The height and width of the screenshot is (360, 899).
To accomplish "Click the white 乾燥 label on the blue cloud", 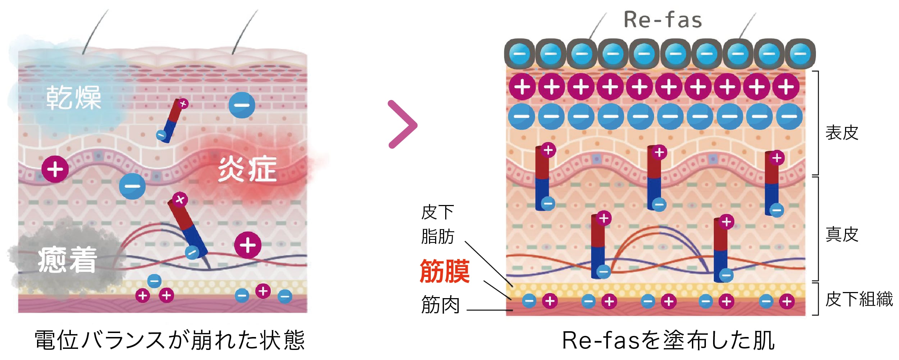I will [x=74, y=97].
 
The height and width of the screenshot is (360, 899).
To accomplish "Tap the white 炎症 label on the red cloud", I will [x=247, y=169].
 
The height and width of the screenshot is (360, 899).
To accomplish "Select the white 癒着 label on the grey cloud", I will [x=68, y=260].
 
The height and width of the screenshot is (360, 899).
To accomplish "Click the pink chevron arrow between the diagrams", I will [x=403, y=124].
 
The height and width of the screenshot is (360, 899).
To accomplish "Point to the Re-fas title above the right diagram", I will [x=663, y=20].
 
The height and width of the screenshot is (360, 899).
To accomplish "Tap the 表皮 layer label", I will [x=842, y=133].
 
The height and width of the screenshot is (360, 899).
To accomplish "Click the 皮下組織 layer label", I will [x=859, y=299].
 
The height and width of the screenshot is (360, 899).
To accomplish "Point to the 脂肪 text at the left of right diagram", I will [x=438, y=237].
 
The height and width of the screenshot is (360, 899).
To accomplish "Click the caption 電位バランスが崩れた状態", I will [x=170, y=340].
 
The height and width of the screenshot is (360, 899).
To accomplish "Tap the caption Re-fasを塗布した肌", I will [x=668, y=340].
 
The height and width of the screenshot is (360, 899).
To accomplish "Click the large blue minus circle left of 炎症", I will [x=242, y=105].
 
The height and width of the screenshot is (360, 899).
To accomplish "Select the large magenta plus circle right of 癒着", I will [x=248, y=245].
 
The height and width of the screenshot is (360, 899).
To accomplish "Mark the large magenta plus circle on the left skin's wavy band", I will [x=55, y=169].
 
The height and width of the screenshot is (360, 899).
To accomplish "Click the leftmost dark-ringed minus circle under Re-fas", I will [x=519, y=54].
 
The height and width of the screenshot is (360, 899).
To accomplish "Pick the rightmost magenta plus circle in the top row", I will [x=786, y=87].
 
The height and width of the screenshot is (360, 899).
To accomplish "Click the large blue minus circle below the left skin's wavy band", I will [x=132, y=186].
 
